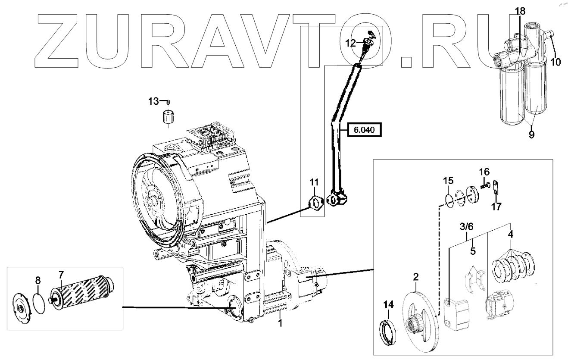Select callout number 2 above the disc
coord(415,276)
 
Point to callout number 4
coord(510,235)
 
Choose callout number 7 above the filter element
coord(61,274)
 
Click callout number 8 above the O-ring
coord(38,280)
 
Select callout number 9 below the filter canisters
coord(531,135)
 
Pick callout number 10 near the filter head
coord(556,62)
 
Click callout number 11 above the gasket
coord(314,182)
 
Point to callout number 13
coord(153,101)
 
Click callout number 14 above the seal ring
coord(389,305)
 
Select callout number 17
coord(496,207)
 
